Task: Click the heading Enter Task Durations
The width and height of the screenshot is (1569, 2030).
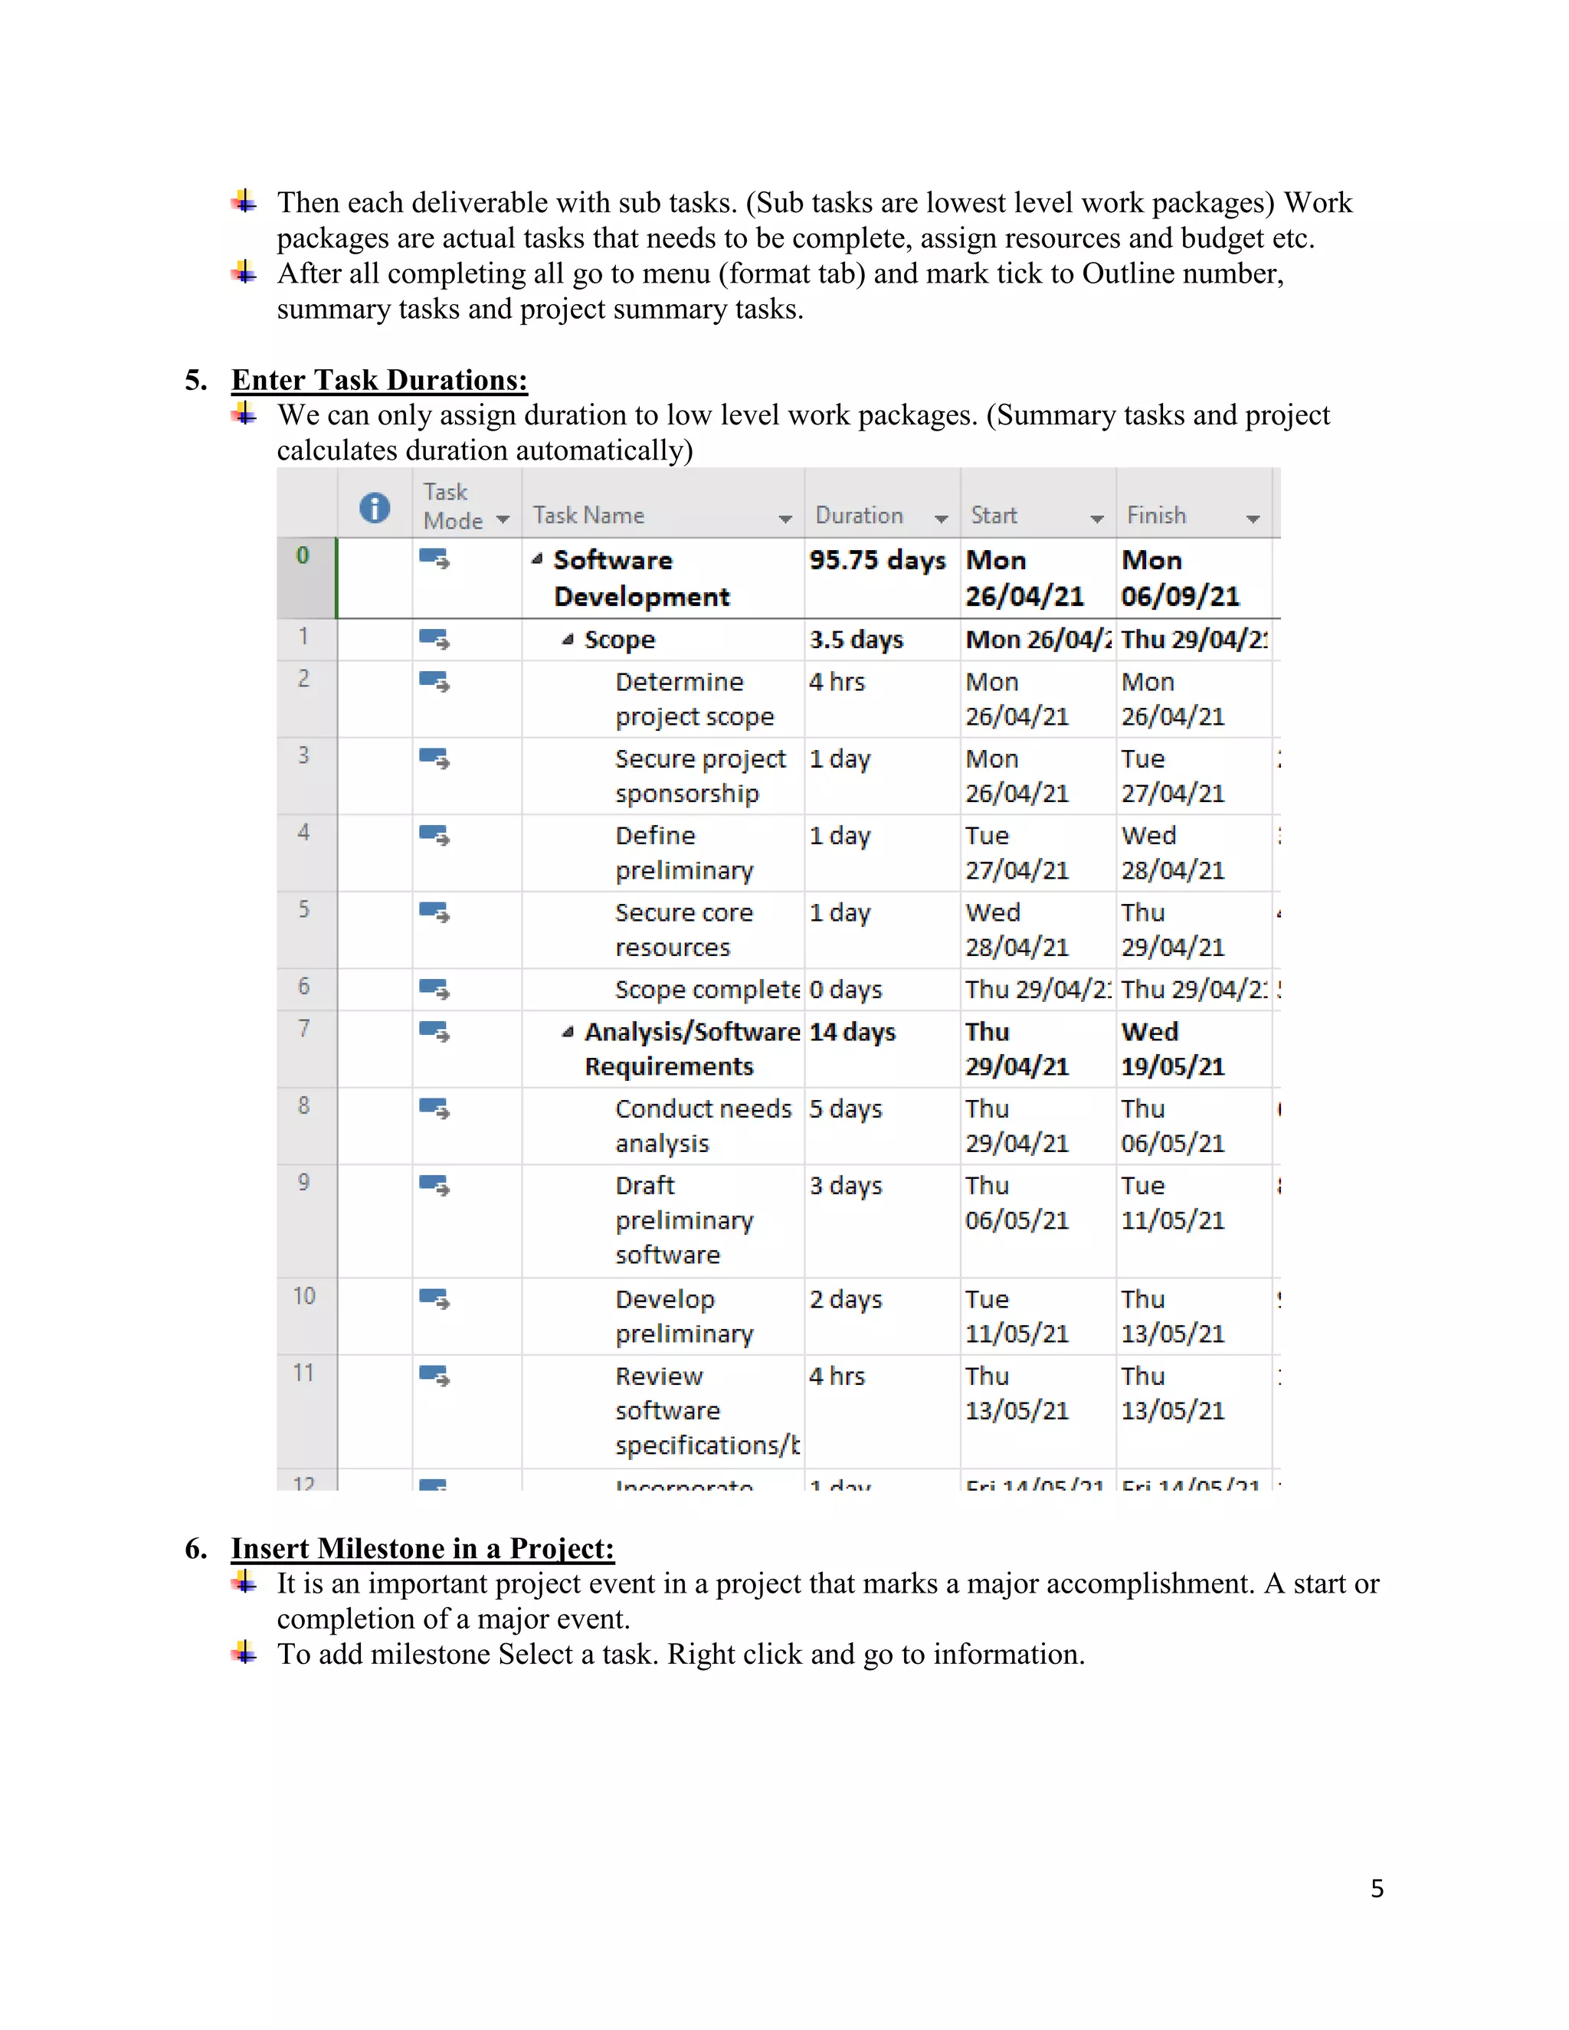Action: point(379,380)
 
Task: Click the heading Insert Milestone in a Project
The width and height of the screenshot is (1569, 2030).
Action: point(422,1548)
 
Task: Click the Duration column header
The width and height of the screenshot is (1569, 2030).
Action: point(859,516)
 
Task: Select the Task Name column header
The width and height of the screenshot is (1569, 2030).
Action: point(588,516)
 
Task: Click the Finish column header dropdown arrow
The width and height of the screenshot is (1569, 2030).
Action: point(1253,519)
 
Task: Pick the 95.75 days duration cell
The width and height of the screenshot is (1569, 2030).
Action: point(876,561)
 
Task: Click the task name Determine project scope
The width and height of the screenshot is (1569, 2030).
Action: point(693,699)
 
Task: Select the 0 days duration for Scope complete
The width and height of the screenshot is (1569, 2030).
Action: point(845,990)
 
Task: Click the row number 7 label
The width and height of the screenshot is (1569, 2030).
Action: point(304,1028)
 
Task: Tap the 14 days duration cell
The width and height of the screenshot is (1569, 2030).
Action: point(851,1033)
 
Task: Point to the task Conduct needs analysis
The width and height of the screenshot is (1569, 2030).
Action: point(702,1125)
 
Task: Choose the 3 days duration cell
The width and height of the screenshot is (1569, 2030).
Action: point(845,1186)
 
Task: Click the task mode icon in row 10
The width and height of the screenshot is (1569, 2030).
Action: point(434,1299)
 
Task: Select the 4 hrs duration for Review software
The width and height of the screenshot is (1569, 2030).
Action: point(837,1377)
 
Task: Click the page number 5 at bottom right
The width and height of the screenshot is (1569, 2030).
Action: point(1377,1889)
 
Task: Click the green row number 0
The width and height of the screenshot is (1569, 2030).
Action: point(303,556)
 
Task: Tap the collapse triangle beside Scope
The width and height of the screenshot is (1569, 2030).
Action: point(567,640)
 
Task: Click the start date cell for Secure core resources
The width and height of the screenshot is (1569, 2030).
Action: point(1017,929)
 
